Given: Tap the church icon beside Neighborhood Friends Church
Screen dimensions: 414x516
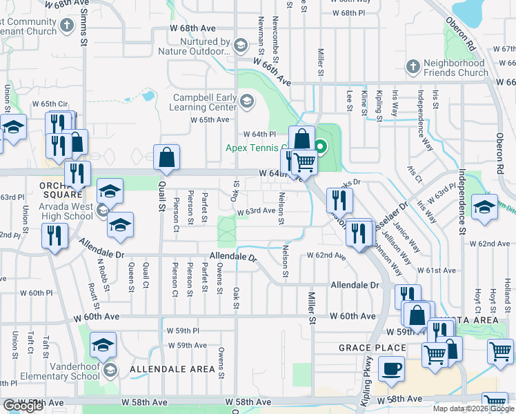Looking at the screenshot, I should tap(413, 67).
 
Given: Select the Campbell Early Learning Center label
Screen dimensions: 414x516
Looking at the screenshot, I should tap(205, 102).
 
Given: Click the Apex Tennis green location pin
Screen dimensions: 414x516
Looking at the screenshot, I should tap(321, 146).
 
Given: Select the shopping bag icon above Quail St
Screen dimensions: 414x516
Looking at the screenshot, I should tap(166, 159).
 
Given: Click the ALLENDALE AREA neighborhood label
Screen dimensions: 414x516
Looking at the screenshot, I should tap(173, 369).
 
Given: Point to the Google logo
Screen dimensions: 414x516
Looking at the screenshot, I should tap(23, 406).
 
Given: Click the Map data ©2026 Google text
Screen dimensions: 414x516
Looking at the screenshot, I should tap(473, 408).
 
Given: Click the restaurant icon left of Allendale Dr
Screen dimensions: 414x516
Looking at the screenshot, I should tap(53, 236).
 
